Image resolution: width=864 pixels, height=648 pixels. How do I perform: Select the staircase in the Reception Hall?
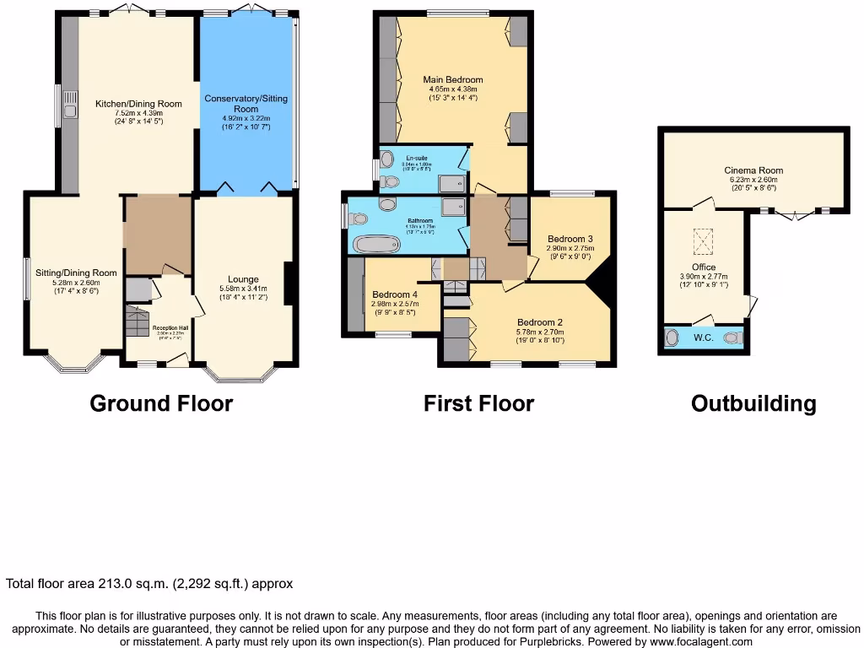(135, 321)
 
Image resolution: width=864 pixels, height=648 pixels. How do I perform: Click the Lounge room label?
(243, 279)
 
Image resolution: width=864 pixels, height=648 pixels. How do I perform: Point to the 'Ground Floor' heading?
(161, 403)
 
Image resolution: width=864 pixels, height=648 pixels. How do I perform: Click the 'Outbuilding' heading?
(753, 403)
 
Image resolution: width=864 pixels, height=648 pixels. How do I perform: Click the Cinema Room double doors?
(792, 214)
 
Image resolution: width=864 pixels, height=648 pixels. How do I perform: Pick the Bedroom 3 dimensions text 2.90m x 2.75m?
(570, 248)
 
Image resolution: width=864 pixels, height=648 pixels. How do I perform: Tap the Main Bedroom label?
(452, 80)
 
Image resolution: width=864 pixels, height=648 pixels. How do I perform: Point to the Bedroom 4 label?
(393, 294)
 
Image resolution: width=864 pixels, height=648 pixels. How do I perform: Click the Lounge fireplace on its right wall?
(288, 283)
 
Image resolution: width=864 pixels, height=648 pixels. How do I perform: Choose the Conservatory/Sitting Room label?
(246, 104)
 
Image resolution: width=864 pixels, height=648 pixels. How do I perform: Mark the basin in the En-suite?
(386, 159)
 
